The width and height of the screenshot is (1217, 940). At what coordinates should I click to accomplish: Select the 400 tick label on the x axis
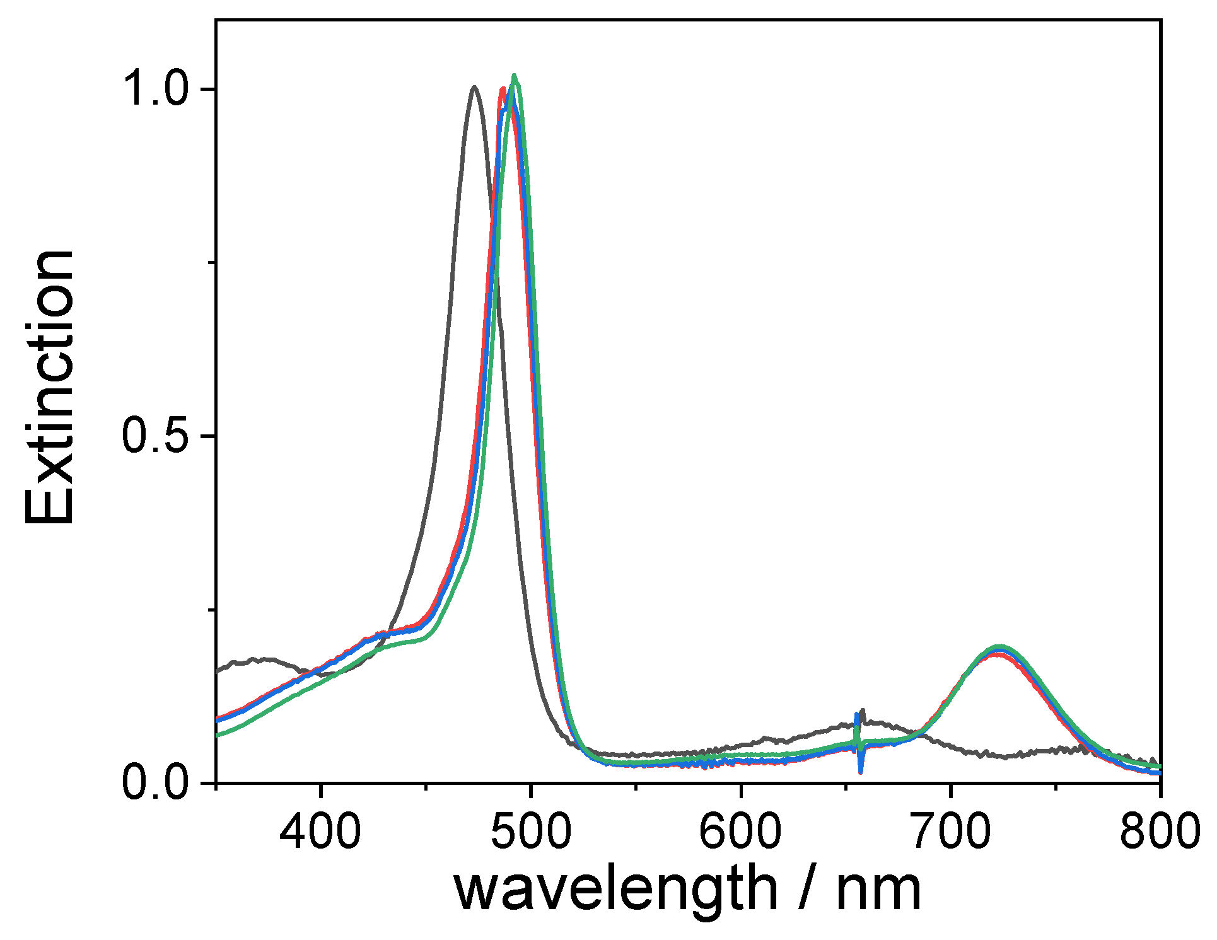click(x=320, y=830)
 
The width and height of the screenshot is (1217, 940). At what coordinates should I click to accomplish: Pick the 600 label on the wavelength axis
click(x=740, y=830)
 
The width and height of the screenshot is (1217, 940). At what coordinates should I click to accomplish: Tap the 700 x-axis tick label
click(x=950, y=830)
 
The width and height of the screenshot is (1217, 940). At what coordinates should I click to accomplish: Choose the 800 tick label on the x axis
click(x=1159, y=830)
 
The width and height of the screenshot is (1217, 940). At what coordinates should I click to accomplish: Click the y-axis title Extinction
click(x=49, y=387)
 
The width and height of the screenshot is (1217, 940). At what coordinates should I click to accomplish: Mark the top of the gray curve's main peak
click(x=474, y=87)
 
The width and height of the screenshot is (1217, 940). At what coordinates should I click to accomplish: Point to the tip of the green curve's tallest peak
click(x=515, y=76)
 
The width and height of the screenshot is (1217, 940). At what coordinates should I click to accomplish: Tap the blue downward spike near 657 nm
click(x=861, y=770)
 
